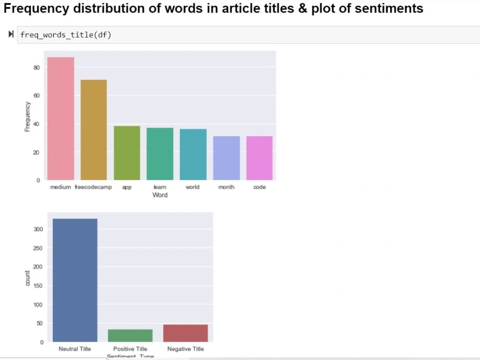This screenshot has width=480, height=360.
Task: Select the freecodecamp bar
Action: tap(94, 130)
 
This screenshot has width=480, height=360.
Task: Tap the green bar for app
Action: tap(127, 153)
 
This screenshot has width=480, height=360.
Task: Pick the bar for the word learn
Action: tap(160, 154)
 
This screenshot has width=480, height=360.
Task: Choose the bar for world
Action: tap(193, 154)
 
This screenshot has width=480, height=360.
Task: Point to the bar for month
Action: tap(226, 158)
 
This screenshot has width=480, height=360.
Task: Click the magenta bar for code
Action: tap(259, 158)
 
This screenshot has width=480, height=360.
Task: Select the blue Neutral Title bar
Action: tap(75, 280)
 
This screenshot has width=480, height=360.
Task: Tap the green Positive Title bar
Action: tap(130, 336)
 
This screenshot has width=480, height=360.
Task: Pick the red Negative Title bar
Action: tap(185, 333)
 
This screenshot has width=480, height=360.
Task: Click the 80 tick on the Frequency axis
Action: tap(36, 68)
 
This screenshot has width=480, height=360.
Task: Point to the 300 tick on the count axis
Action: tap(39, 229)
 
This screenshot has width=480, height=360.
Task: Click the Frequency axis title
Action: tap(27, 117)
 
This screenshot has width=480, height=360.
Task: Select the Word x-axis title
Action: tap(160, 195)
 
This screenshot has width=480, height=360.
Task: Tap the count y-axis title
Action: tap(27, 278)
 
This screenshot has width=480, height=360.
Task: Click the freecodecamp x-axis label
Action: tap(93, 187)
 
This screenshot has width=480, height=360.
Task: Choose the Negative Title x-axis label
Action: tap(185, 349)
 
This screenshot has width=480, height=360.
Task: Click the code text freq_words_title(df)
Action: tap(66, 35)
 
